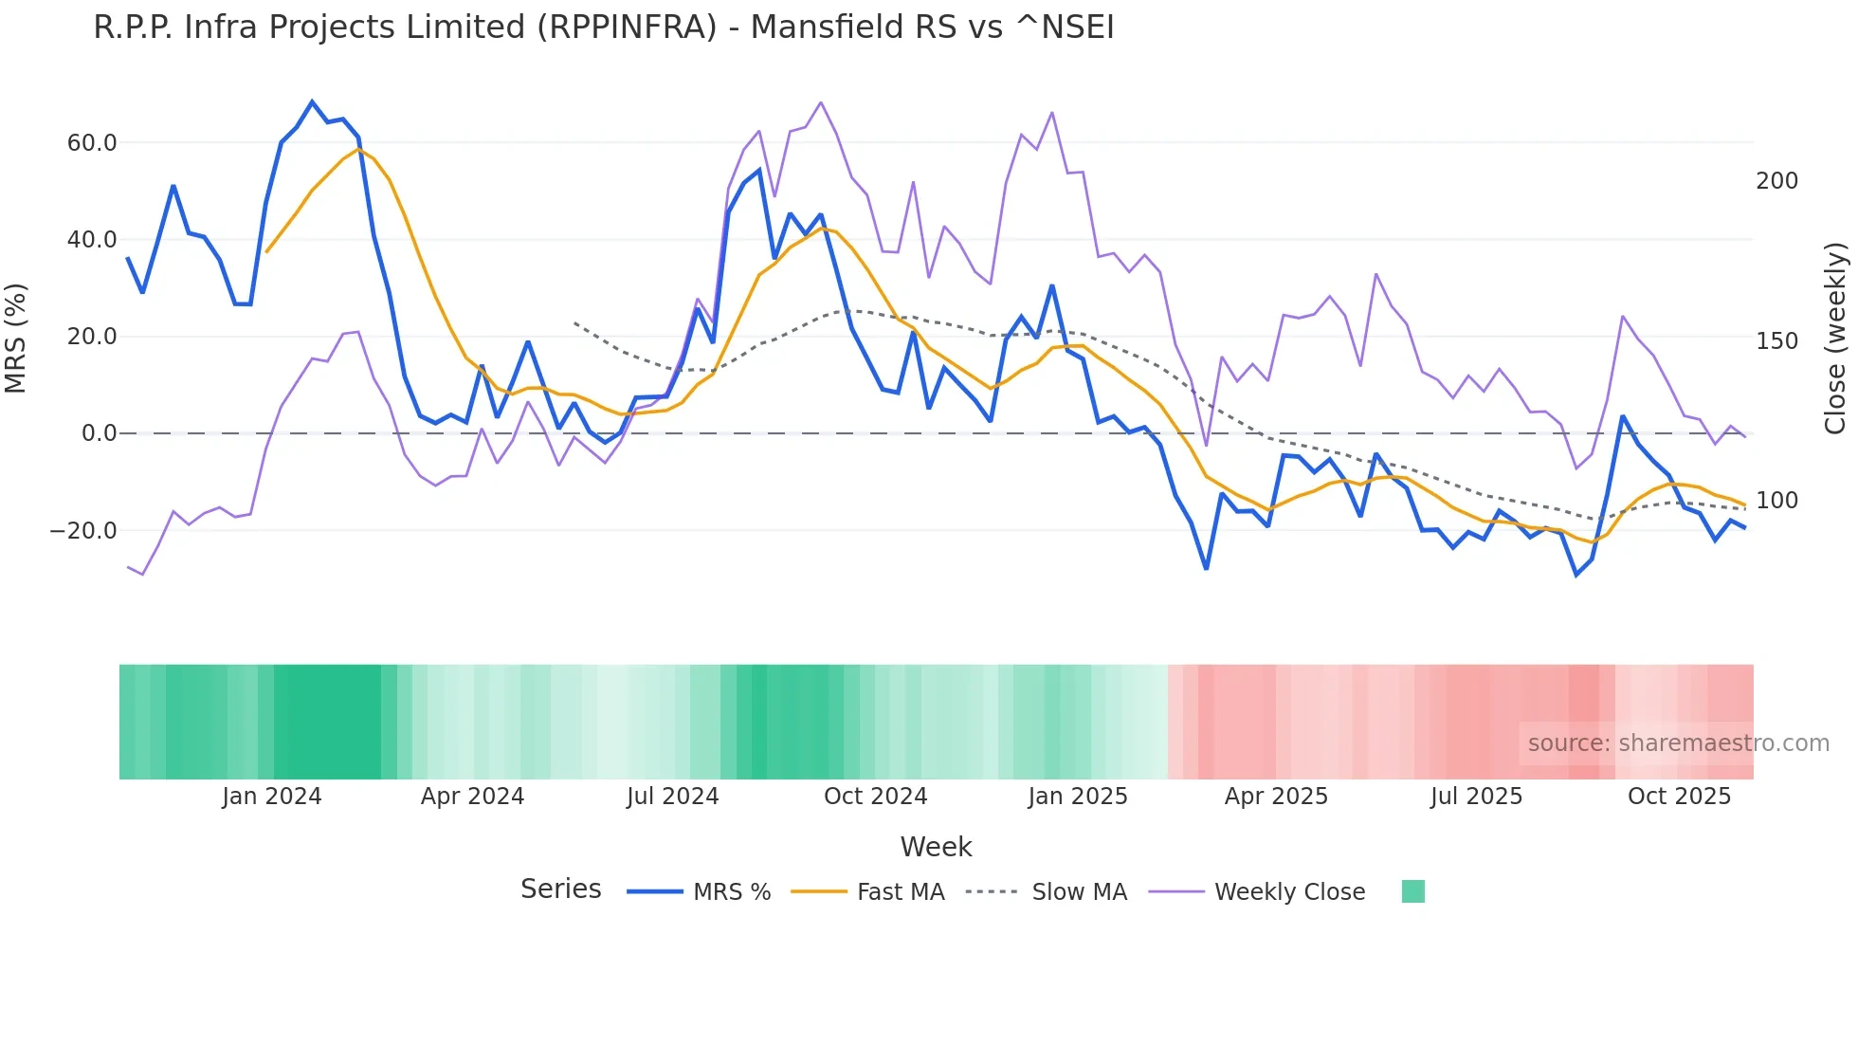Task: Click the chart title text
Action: tap(603, 27)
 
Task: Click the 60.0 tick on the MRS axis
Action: tap(91, 143)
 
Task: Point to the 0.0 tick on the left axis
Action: tap(99, 433)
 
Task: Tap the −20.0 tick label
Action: tap(83, 531)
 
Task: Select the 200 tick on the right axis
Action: tap(1776, 181)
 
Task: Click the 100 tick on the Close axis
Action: tap(1776, 501)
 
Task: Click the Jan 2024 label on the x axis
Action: tap(272, 797)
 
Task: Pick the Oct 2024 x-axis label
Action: tap(875, 797)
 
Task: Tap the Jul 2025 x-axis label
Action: tap(1476, 797)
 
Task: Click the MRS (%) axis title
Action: tap(16, 338)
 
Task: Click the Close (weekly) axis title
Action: tap(1836, 338)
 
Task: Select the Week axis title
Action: tap(936, 847)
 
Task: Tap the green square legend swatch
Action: tap(1412, 891)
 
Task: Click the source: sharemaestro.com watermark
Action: tap(1678, 743)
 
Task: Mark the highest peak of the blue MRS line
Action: tap(312, 101)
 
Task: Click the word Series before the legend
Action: tap(560, 889)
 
